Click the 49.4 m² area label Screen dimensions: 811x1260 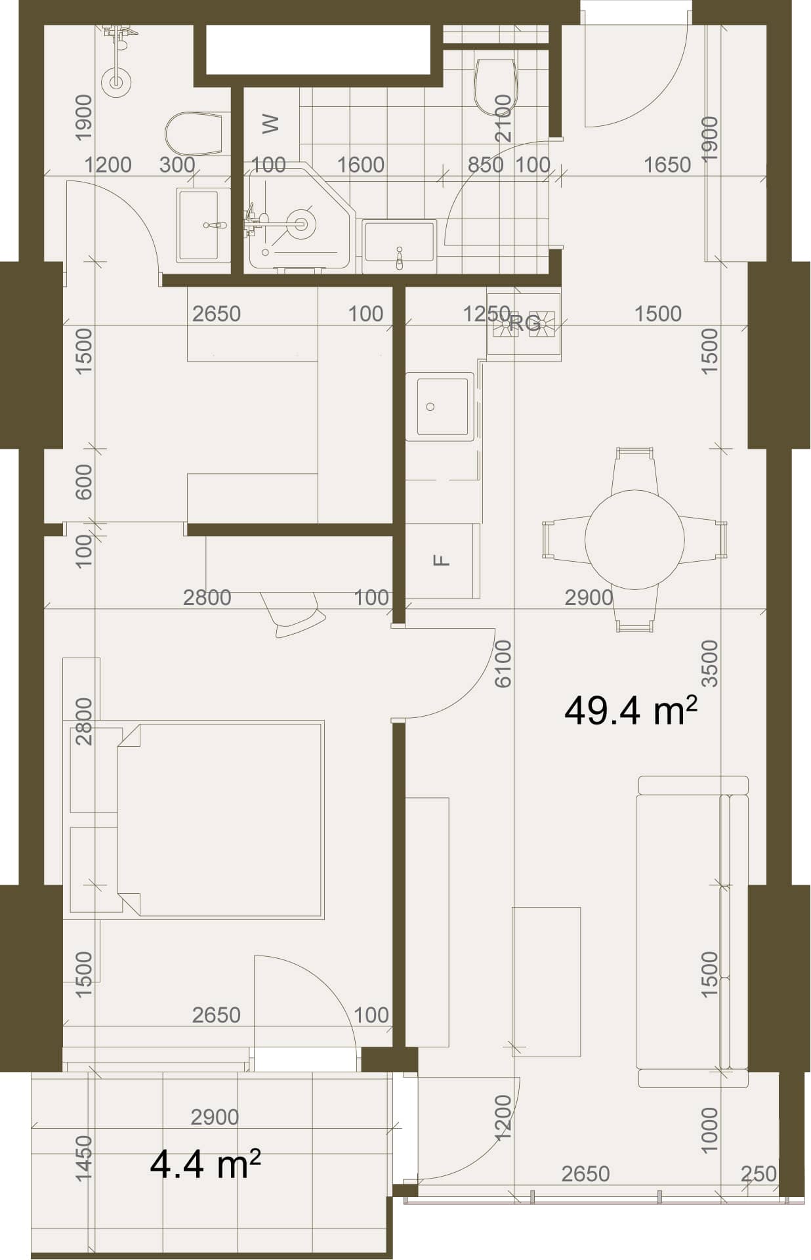[630, 710]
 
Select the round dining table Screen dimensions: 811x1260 [634, 540]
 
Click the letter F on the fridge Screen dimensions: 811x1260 [443, 560]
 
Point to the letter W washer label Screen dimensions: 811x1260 [270, 123]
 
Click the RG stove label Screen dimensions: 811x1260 [525, 323]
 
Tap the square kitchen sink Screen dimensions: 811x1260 [439, 406]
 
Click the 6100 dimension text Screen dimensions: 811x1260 [503, 664]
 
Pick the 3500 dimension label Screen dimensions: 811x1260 [710, 663]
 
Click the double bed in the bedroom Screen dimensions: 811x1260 [220, 820]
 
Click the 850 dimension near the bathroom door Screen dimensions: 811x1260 [486, 165]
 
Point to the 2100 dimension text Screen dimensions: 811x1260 [503, 118]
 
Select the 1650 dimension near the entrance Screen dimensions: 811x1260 [667, 165]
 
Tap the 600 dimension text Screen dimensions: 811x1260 [84, 482]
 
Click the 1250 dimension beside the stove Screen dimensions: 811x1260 [487, 314]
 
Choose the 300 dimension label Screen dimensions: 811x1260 [177, 165]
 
